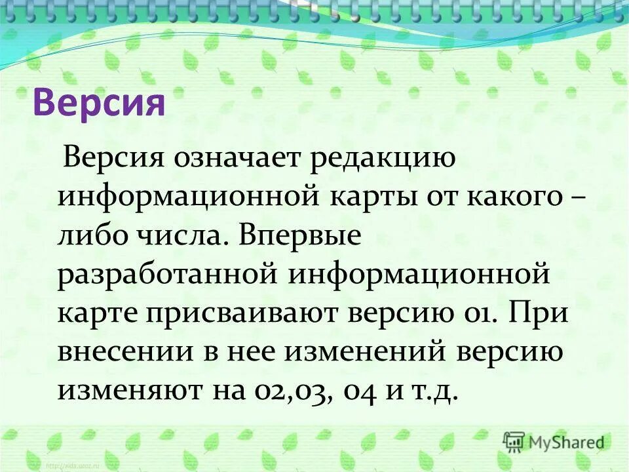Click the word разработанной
tap(167, 273)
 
